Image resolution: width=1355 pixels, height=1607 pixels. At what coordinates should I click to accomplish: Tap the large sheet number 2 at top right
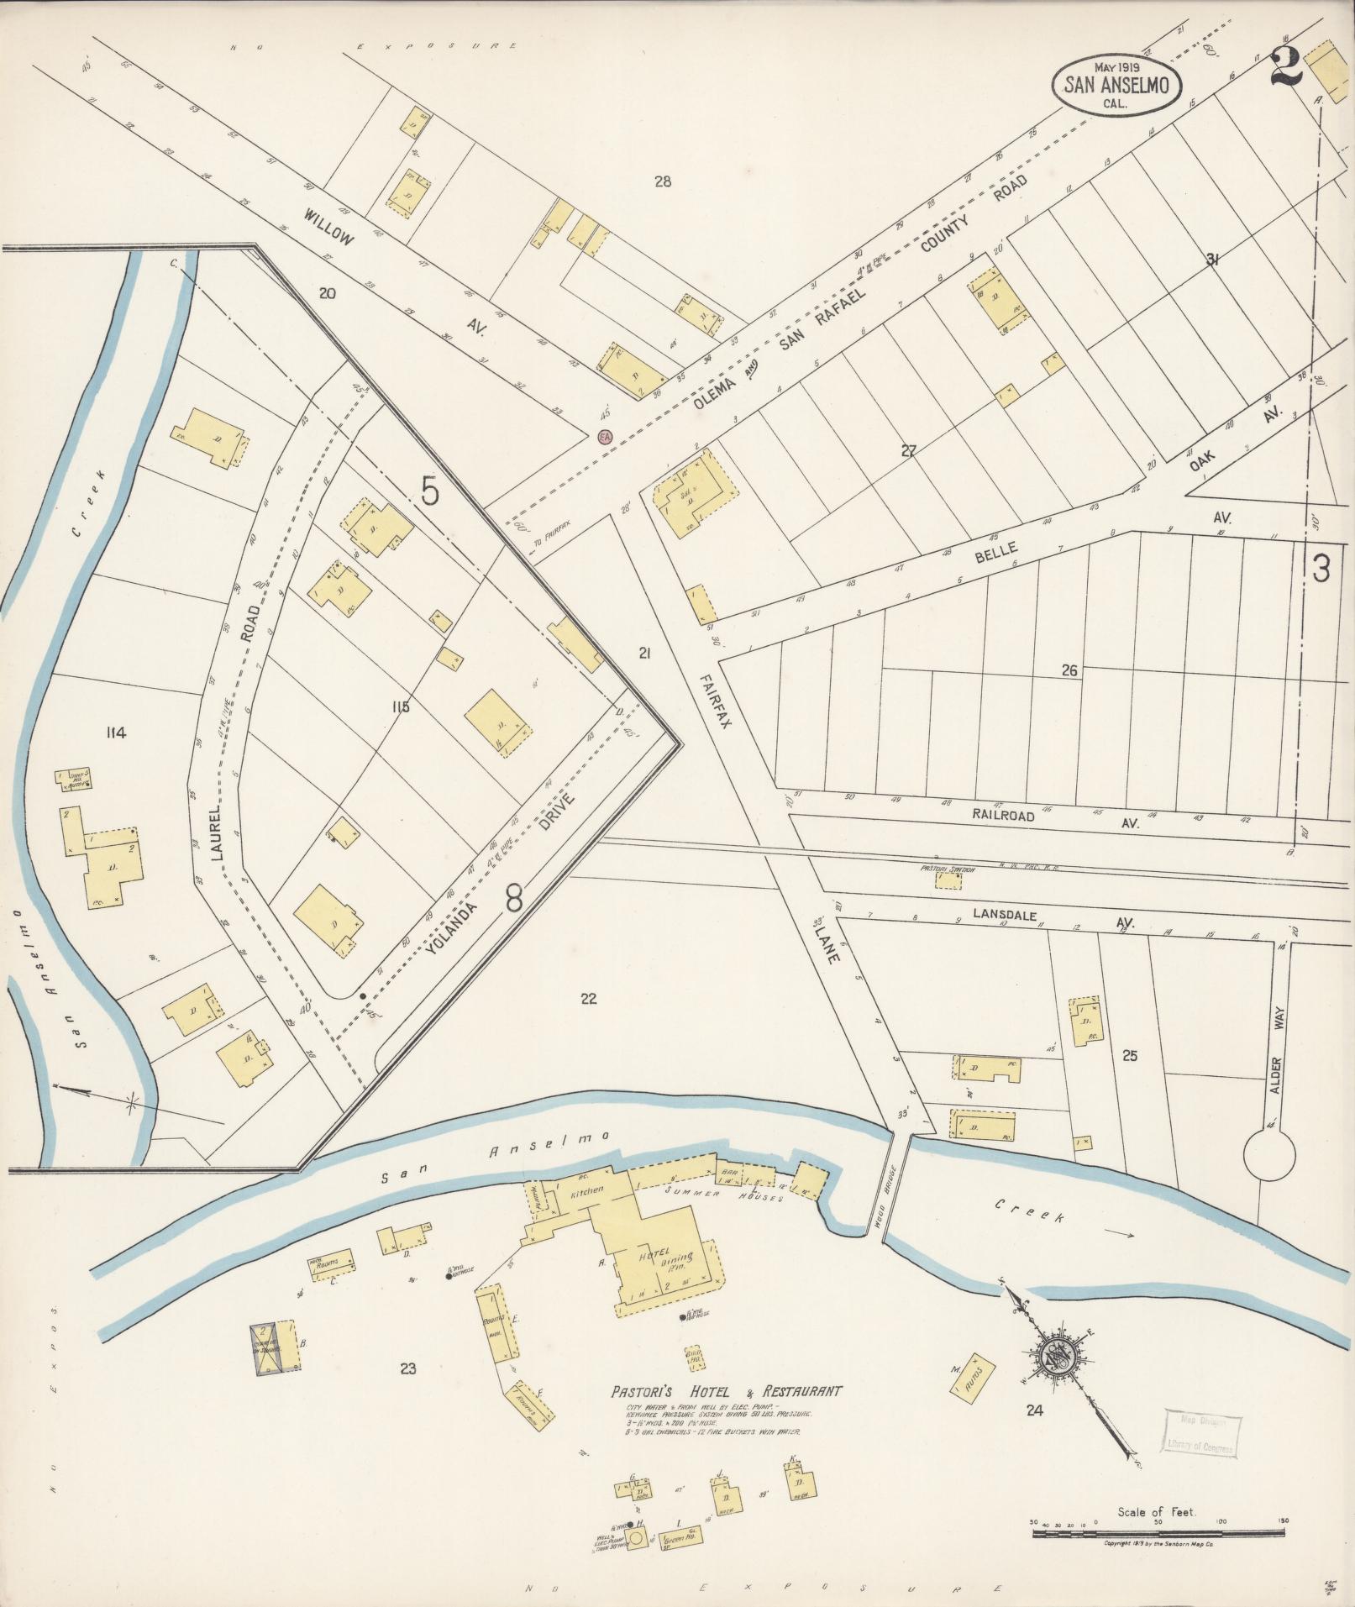[x=1284, y=66]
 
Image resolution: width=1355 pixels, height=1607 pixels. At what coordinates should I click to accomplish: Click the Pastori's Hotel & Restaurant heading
[x=726, y=1392]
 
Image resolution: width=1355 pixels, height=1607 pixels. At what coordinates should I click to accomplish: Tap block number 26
[x=1069, y=670]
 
